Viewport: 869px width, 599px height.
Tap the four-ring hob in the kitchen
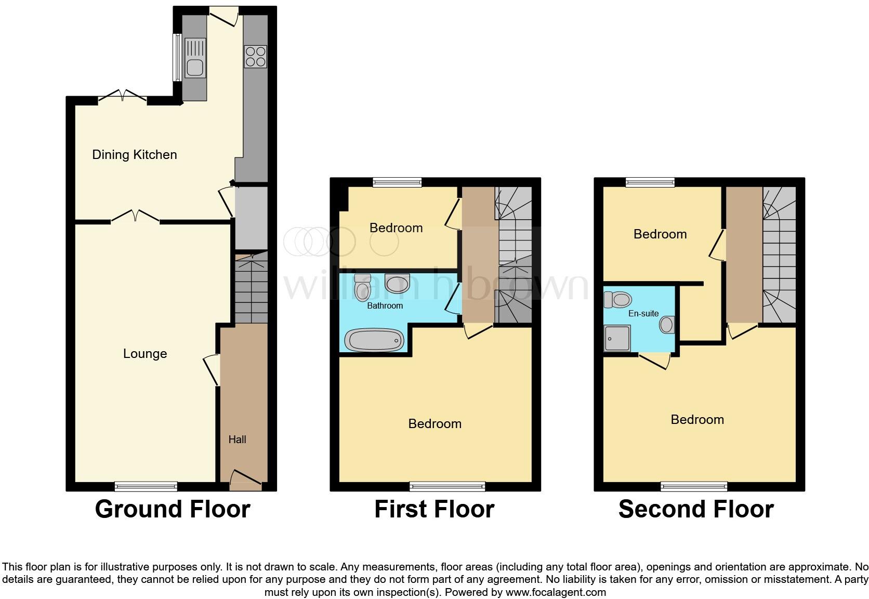point(255,57)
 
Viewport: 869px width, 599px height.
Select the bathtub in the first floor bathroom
point(374,340)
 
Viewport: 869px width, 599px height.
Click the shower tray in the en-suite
point(617,338)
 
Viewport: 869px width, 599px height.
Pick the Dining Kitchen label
point(135,154)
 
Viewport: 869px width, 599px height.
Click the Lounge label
point(145,354)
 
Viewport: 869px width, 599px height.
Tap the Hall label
point(237,440)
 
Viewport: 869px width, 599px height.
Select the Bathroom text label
point(385,305)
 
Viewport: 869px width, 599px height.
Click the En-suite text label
point(643,313)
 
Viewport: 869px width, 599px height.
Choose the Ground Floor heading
point(173,509)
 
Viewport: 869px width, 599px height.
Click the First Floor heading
point(434,509)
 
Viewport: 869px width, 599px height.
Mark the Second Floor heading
point(696,509)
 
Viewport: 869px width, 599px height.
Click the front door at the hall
point(245,480)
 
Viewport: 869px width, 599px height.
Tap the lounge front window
point(146,487)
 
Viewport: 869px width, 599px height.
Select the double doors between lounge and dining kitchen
point(135,216)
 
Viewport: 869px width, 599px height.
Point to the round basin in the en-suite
point(667,325)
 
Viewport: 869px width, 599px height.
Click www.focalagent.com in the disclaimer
point(555,592)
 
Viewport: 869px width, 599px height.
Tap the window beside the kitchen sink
point(177,57)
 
